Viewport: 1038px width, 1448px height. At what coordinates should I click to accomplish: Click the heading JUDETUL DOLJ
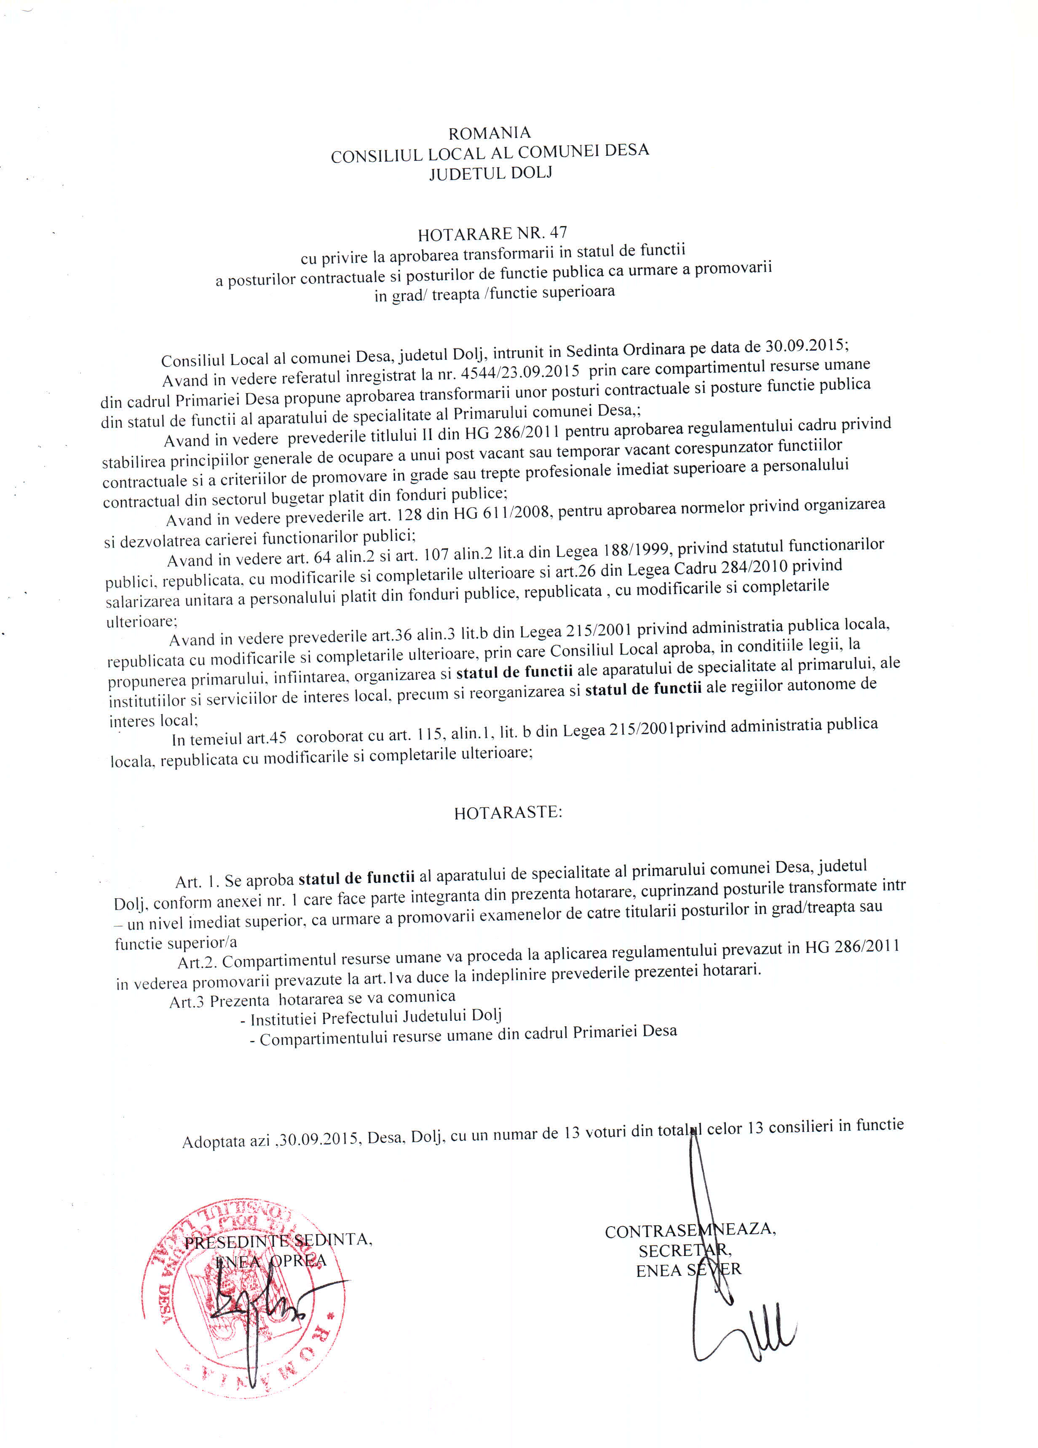(491, 173)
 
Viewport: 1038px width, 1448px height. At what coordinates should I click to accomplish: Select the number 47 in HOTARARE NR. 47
(558, 232)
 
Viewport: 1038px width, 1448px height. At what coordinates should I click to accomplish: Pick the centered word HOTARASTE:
(508, 813)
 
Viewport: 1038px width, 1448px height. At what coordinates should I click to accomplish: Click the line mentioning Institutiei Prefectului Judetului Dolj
(376, 1017)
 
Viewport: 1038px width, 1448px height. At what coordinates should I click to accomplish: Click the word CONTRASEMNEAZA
(690, 1230)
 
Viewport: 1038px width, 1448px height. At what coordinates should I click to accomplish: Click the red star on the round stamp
(330, 1317)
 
